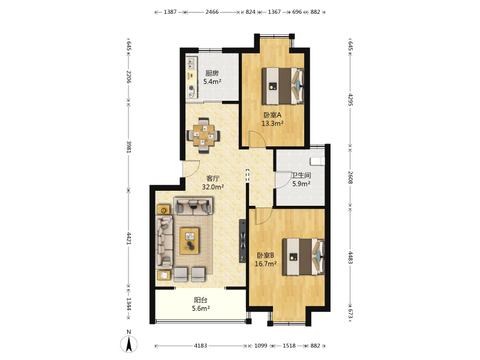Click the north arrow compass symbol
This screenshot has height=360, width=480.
coord(129,343)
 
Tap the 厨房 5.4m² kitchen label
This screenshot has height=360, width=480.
coord(212,77)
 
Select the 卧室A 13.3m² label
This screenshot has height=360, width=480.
coord(272,119)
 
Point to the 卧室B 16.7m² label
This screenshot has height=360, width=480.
coord(265,259)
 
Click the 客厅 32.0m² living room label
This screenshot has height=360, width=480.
coord(213,183)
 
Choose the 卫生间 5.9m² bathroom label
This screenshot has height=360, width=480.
coord(301,179)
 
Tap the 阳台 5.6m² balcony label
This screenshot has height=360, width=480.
coord(201,304)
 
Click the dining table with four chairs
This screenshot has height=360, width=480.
coord(203,136)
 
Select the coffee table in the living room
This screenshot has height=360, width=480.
coord(189,241)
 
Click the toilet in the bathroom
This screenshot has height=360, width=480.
coord(317,161)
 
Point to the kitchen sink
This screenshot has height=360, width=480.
coord(191,64)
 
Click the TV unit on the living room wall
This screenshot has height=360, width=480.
coord(242,241)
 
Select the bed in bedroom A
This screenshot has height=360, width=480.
coord(283,86)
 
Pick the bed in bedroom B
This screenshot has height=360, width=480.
coord(304,257)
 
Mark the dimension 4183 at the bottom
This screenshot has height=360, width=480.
coord(200,346)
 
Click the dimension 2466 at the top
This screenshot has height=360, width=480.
coord(212,12)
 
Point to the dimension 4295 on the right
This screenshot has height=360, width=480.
coord(350,100)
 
